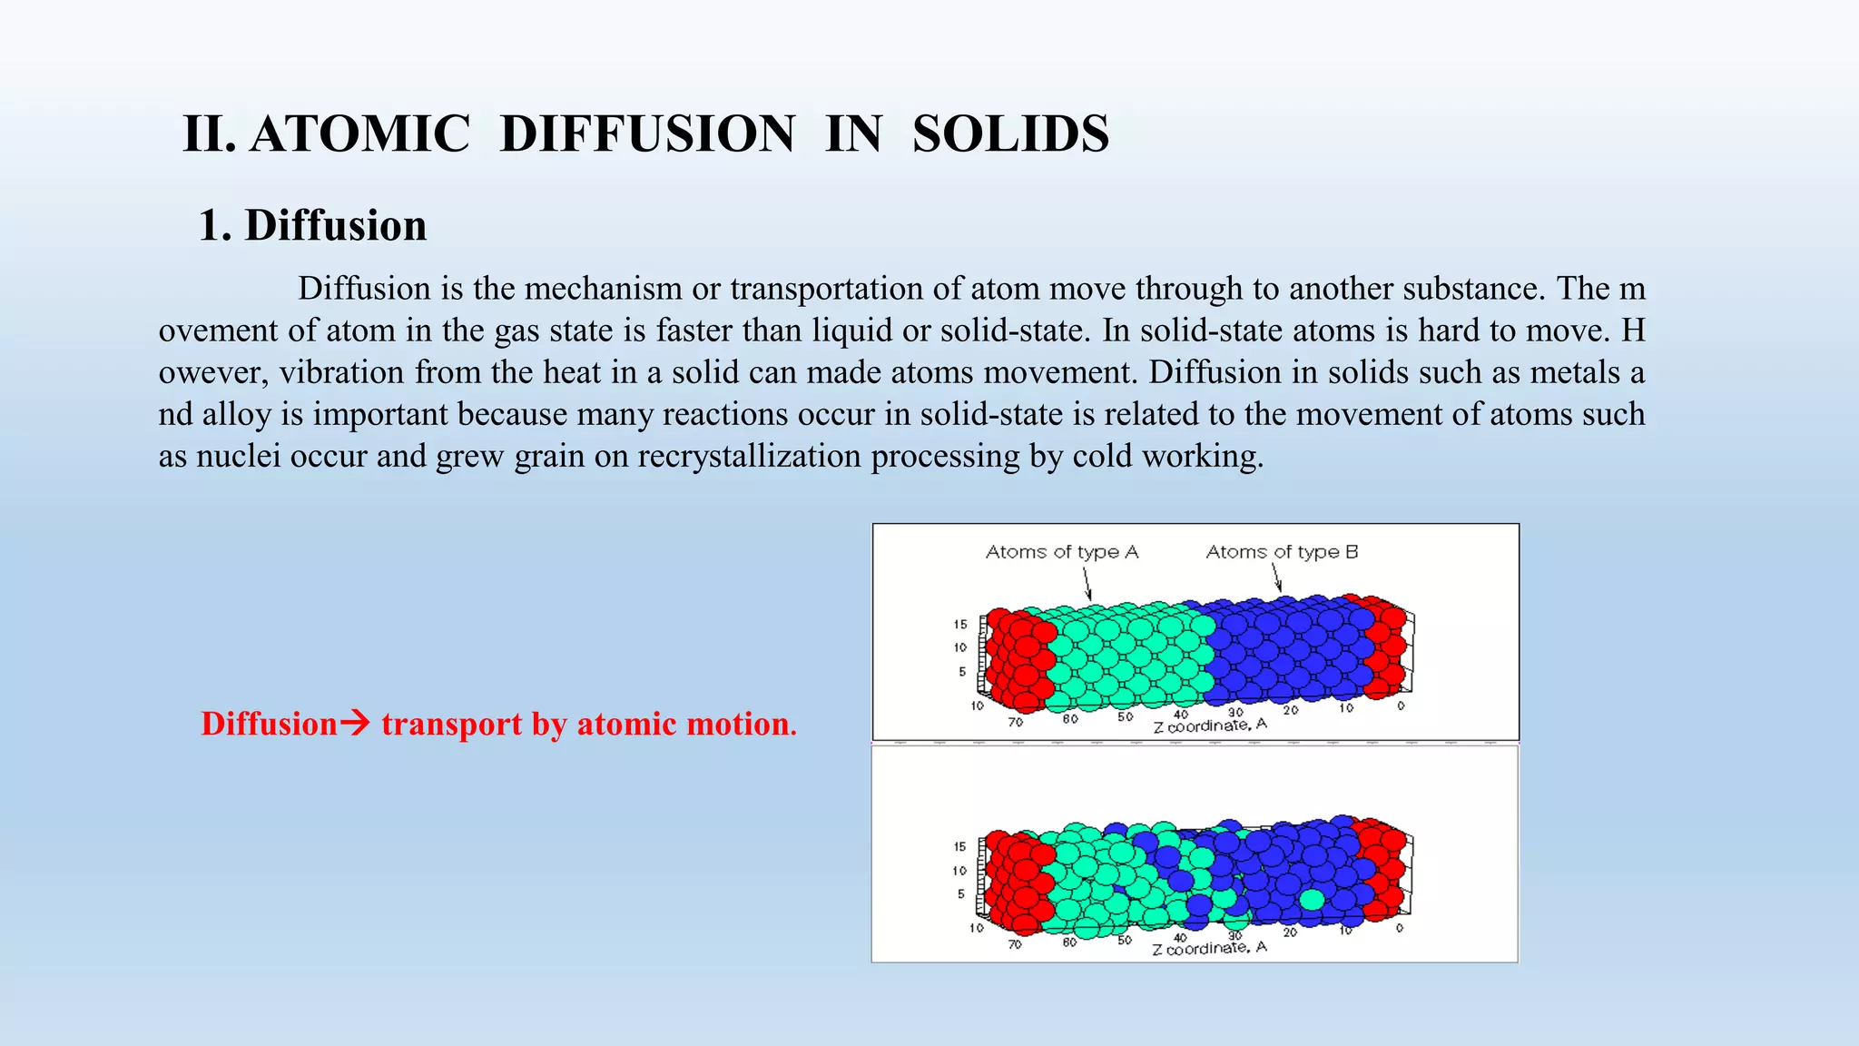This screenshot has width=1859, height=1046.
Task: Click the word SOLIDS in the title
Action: click(x=1010, y=134)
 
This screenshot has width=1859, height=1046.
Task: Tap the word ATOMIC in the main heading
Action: click(x=359, y=134)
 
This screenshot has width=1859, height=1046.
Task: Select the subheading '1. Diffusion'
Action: click(x=312, y=225)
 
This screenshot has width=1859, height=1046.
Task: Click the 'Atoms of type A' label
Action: click(x=1061, y=552)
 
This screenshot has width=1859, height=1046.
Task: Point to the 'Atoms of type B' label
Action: click(x=1281, y=552)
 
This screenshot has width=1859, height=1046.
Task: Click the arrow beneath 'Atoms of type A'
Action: click(x=1087, y=583)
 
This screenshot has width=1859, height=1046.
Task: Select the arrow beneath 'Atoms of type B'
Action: click(x=1276, y=577)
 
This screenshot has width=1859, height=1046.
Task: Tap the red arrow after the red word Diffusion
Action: click(x=355, y=724)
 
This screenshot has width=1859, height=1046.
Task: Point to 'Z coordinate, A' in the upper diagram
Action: click(x=1209, y=725)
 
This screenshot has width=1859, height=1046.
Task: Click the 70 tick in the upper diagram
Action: click(x=1015, y=722)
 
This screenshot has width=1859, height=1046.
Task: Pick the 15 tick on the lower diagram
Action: click(x=959, y=846)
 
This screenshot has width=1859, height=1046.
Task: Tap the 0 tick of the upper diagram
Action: click(x=1401, y=706)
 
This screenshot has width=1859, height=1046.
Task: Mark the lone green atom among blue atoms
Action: click(x=1312, y=899)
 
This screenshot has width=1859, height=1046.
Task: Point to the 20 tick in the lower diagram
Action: click(x=1290, y=933)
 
